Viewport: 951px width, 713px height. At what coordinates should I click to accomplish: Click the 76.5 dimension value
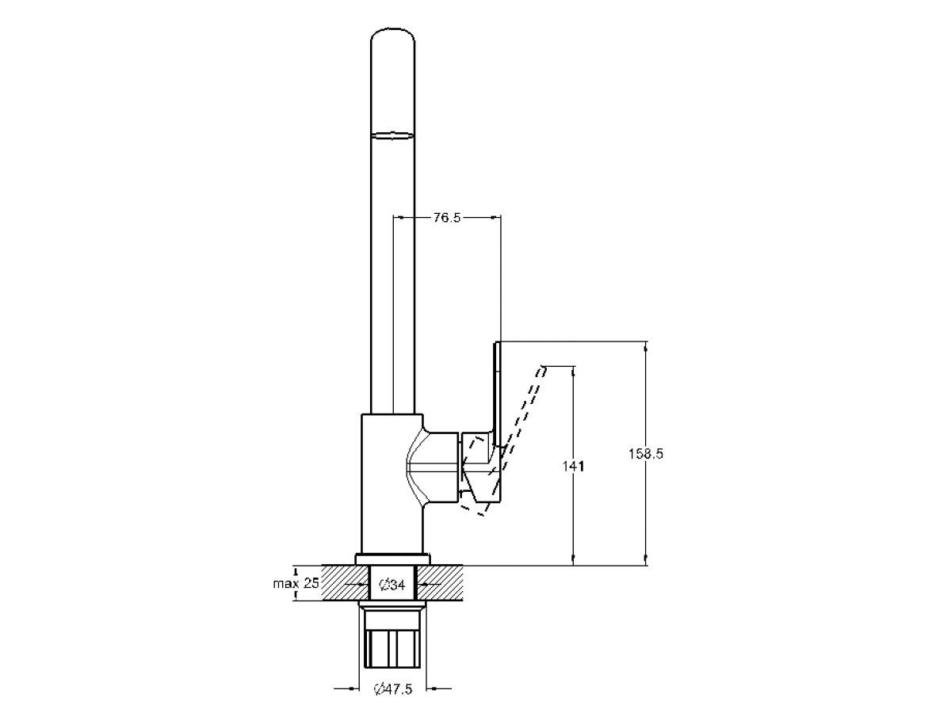(447, 217)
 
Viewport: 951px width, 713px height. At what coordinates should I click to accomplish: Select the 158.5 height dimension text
(646, 454)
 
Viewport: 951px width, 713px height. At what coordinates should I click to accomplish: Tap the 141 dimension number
(573, 467)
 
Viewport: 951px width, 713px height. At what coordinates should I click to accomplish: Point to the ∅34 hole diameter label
(391, 585)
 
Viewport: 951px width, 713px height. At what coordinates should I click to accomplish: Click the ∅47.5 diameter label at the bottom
(393, 688)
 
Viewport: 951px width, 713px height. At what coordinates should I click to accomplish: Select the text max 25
(296, 583)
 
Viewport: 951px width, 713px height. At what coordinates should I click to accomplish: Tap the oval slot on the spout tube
(392, 136)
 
